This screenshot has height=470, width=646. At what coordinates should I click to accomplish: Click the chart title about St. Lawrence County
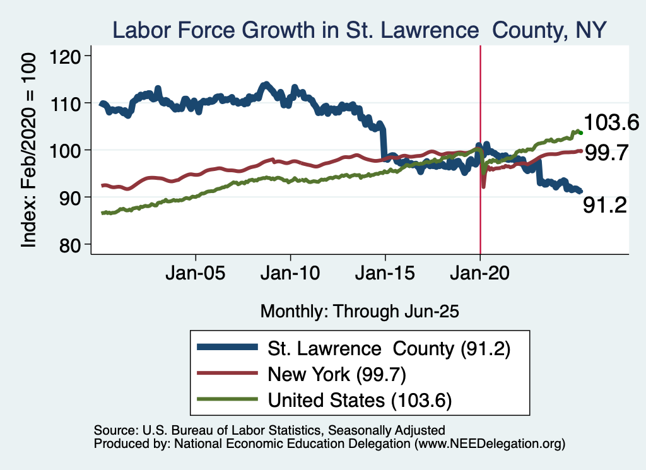[359, 30]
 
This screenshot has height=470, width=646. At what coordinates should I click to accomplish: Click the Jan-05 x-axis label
[196, 275]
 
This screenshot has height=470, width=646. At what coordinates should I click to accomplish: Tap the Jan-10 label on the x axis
[290, 275]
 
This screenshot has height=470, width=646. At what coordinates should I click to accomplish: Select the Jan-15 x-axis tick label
[385, 275]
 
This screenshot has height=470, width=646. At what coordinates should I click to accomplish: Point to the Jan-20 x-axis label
[479, 275]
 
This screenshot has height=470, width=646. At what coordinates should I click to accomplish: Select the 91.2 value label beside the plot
[604, 205]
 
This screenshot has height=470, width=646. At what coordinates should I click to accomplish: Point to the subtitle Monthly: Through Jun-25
[359, 310]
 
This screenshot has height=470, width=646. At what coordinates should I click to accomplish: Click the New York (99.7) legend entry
[336, 373]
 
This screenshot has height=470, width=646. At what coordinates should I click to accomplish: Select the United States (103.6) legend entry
[360, 399]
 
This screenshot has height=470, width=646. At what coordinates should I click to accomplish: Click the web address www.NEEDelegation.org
[488, 444]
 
